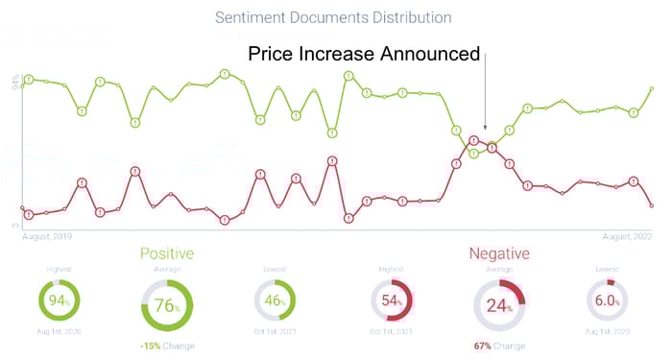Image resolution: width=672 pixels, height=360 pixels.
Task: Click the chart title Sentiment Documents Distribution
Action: pyautogui.click(x=333, y=17)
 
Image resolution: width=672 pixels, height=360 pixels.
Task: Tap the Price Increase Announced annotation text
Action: pyautogui.click(x=364, y=54)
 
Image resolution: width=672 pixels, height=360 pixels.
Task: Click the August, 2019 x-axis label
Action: pyautogui.click(x=48, y=236)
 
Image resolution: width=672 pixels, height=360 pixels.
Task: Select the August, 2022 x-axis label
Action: pyautogui.click(x=628, y=236)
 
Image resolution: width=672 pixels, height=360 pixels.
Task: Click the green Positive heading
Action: pyautogui.click(x=167, y=253)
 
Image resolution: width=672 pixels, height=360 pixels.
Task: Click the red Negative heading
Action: pyautogui.click(x=499, y=253)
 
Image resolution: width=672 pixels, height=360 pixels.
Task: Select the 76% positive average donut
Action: pyautogui.click(x=167, y=305)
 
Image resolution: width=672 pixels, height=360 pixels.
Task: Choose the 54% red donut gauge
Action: pyautogui.click(x=392, y=300)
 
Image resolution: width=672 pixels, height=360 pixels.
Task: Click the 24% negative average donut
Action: pyautogui.click(x=499, y=305)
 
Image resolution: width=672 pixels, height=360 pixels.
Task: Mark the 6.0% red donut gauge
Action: pyautogui.click(x=607, y=300)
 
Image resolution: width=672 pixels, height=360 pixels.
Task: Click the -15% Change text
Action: pyautogui.click(x=167, y=345)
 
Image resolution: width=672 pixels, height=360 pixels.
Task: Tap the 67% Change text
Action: pyautogui.click(x=499, y=345)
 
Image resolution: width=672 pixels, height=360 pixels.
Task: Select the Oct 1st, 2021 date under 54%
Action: pyautogui.click(x=392, y=332)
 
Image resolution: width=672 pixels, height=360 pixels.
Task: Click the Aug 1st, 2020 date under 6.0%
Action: pyautogui.click(x=607, y=332)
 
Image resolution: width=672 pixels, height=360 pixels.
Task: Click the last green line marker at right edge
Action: pyautogui.click(x=652, y=89)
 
